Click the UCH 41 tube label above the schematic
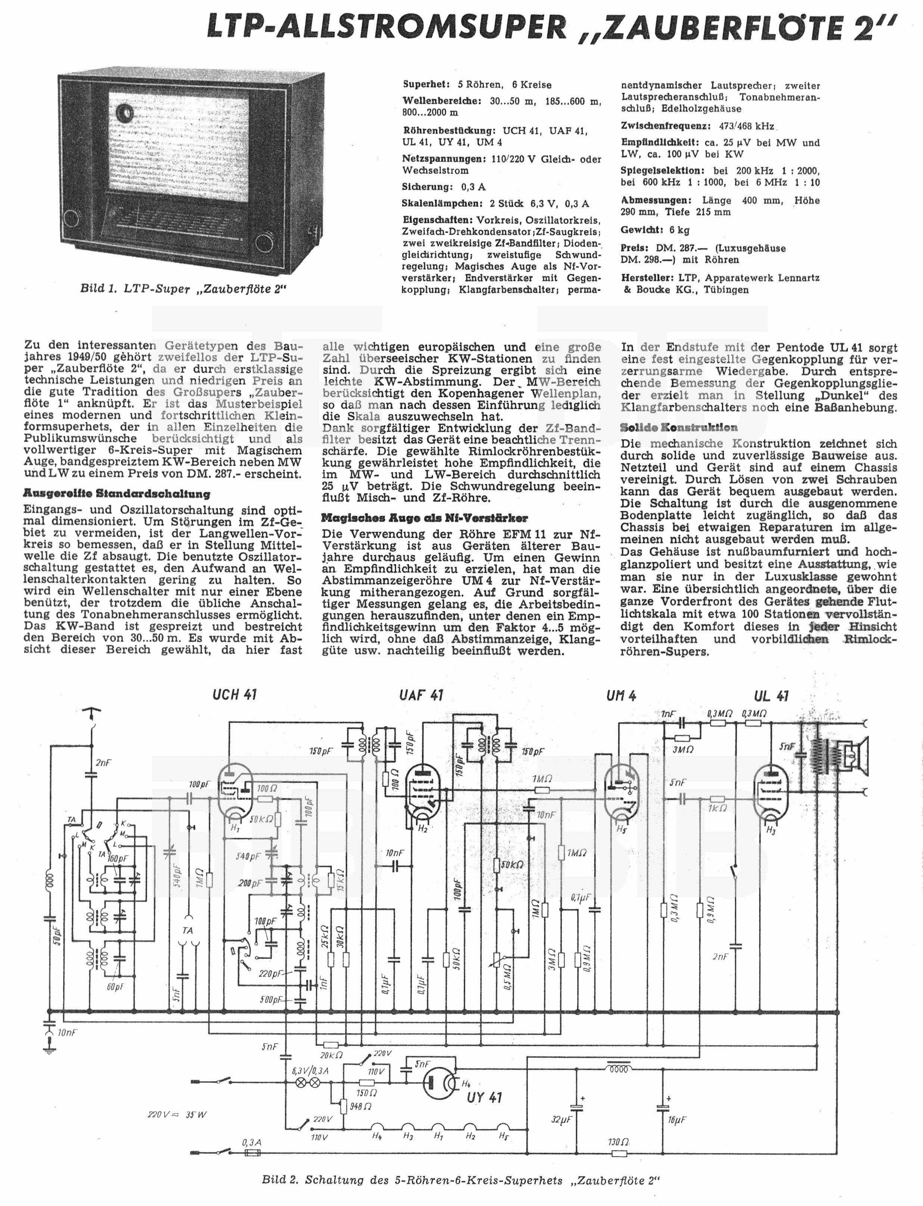pyautogui.click(x=234, y=694)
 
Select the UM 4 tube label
pyautogui.click(x=621, y=696)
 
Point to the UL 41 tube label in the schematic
pyautogui.click(x=771, y=696)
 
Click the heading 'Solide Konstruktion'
pyautogui.click(x=678, y=428)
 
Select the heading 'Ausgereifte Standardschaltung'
pyautogui.click(x=116, y=493)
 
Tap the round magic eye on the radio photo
pyautogui.click(x=125, y=113)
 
